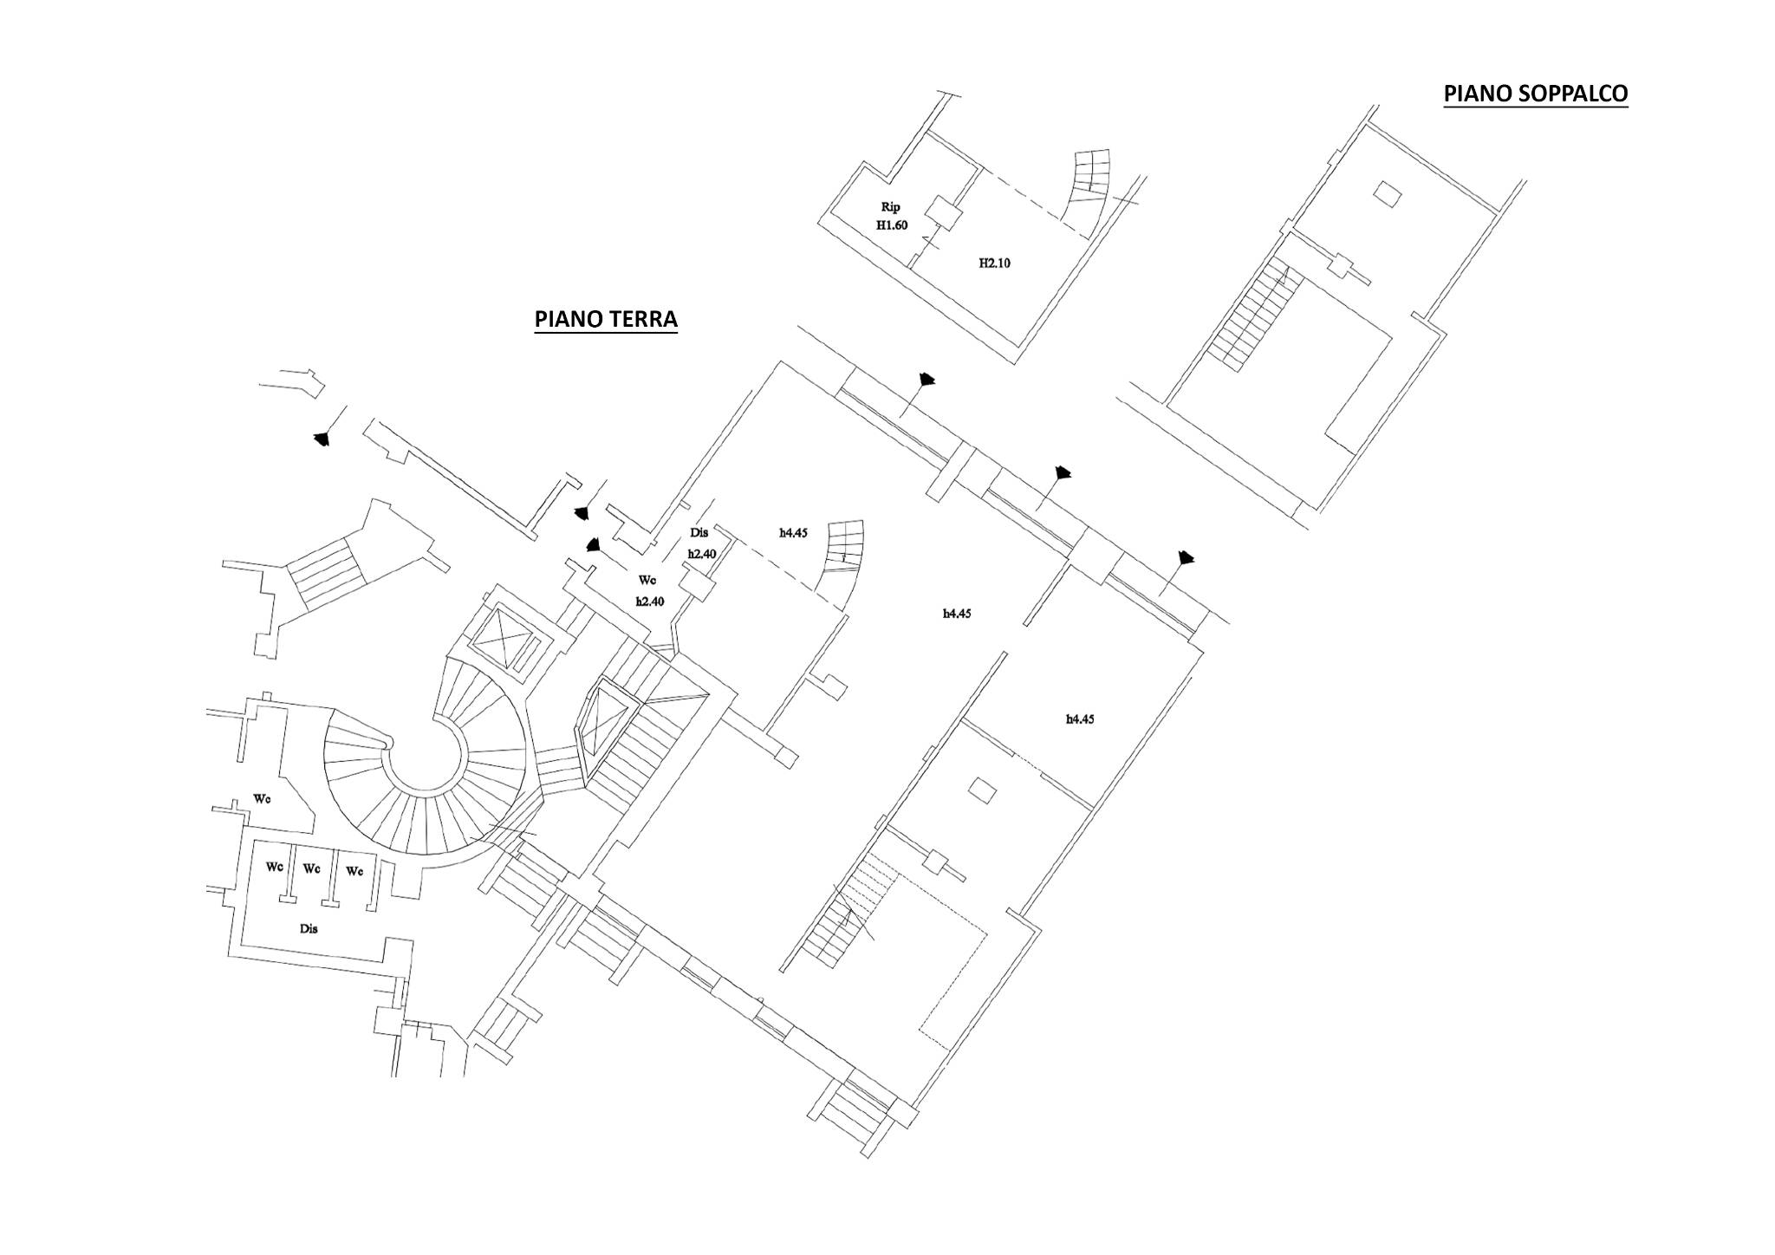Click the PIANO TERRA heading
606,319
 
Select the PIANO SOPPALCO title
1536,94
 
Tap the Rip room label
891,207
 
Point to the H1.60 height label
891,225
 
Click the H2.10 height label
994,263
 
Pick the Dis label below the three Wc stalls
309,928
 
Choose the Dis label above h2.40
699,533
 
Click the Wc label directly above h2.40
647,579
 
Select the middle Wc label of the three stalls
313,868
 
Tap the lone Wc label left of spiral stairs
262,798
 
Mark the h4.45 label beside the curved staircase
793,533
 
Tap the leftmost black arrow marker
322,439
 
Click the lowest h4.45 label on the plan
1079,719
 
